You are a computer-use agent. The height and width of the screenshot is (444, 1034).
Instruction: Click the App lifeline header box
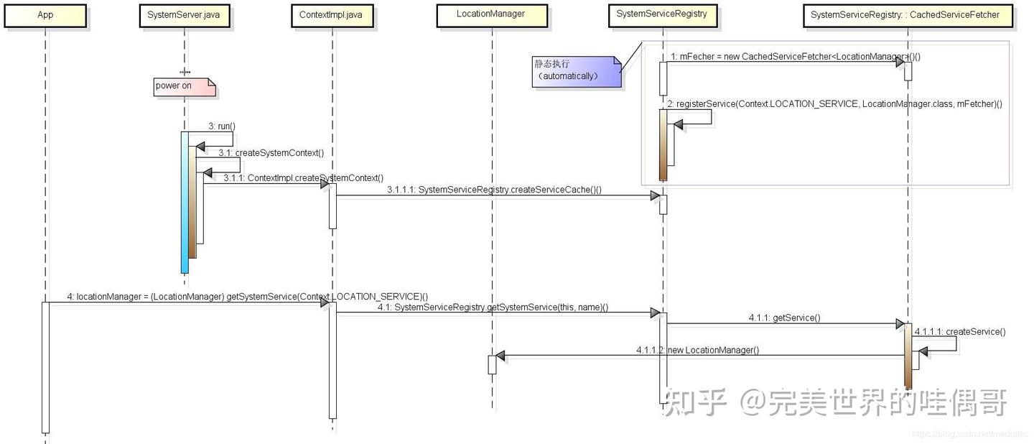45,15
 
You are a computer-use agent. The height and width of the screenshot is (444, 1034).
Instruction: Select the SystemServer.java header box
184,15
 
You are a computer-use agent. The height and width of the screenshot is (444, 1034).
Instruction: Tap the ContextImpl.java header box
332,15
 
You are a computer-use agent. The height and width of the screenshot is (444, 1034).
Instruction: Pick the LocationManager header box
491,14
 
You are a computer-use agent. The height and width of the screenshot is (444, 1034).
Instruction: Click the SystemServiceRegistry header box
662,14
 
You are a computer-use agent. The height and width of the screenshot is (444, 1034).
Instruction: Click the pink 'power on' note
185,86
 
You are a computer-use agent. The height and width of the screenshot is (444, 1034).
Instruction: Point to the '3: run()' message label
222,126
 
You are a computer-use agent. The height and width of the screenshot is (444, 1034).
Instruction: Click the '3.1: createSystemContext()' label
271,152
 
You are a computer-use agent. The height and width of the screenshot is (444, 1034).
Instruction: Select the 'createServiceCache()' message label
494,190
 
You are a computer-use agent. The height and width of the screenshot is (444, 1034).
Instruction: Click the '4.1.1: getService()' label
784,318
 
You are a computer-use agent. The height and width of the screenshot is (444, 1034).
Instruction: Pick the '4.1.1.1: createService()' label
960,332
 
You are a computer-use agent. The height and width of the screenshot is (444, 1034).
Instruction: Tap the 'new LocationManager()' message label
697,350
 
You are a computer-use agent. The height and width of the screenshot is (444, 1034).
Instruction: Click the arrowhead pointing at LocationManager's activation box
500,356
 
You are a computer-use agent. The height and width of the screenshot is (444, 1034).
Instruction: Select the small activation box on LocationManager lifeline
492,364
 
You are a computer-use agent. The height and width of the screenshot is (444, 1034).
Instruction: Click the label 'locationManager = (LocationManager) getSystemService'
248,296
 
